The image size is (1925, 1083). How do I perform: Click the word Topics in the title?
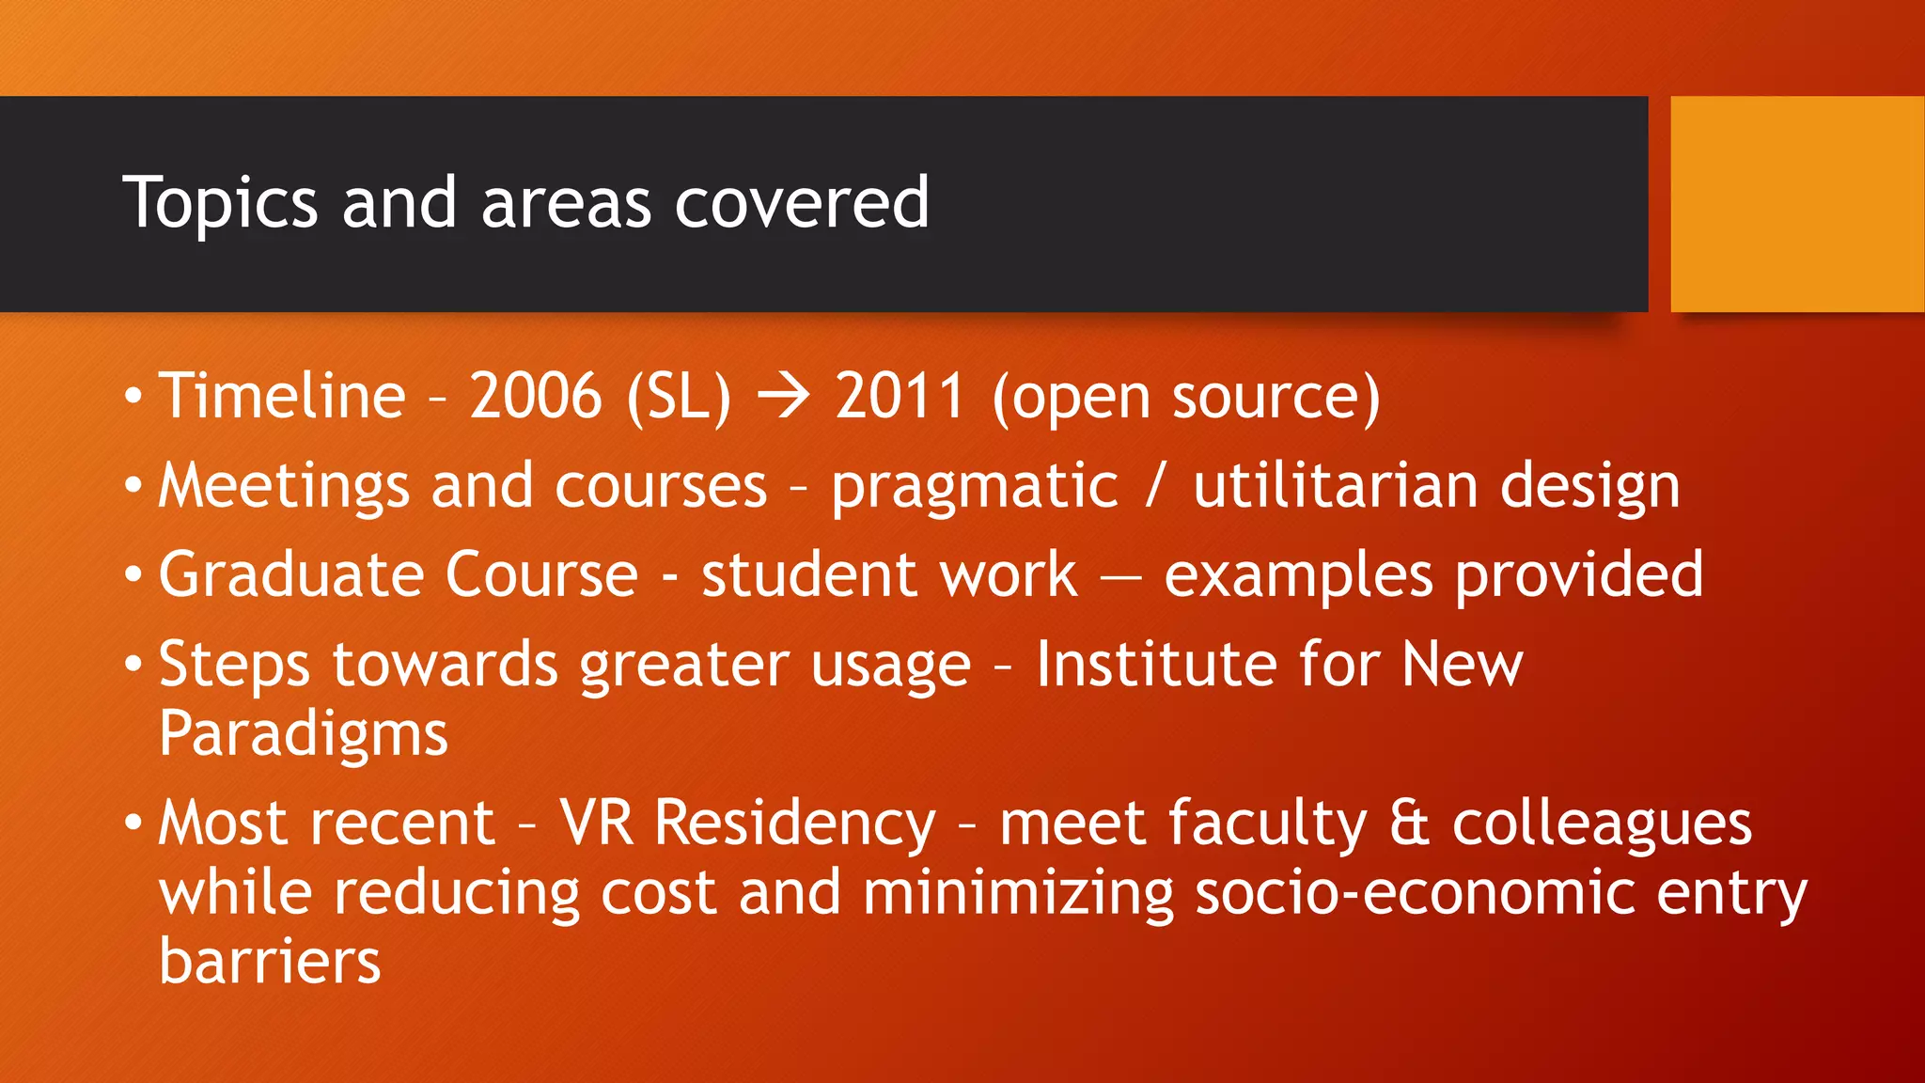pos(220,203)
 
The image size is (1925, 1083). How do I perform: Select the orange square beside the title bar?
pos(1796,204)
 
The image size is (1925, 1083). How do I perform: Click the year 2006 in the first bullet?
pos(535,395)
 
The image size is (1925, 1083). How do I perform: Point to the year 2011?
pos(900,395)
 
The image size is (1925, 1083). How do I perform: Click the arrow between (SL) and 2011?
pos(783,397)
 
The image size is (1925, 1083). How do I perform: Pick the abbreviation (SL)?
pos(679,397)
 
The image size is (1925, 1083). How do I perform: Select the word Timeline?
pos(282,395)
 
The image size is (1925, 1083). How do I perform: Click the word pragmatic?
pos(975,487)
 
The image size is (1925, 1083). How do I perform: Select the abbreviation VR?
pos(597,823)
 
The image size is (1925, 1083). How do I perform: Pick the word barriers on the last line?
pos(270,961)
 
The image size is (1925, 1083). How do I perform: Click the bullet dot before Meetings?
pos(133,487)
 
